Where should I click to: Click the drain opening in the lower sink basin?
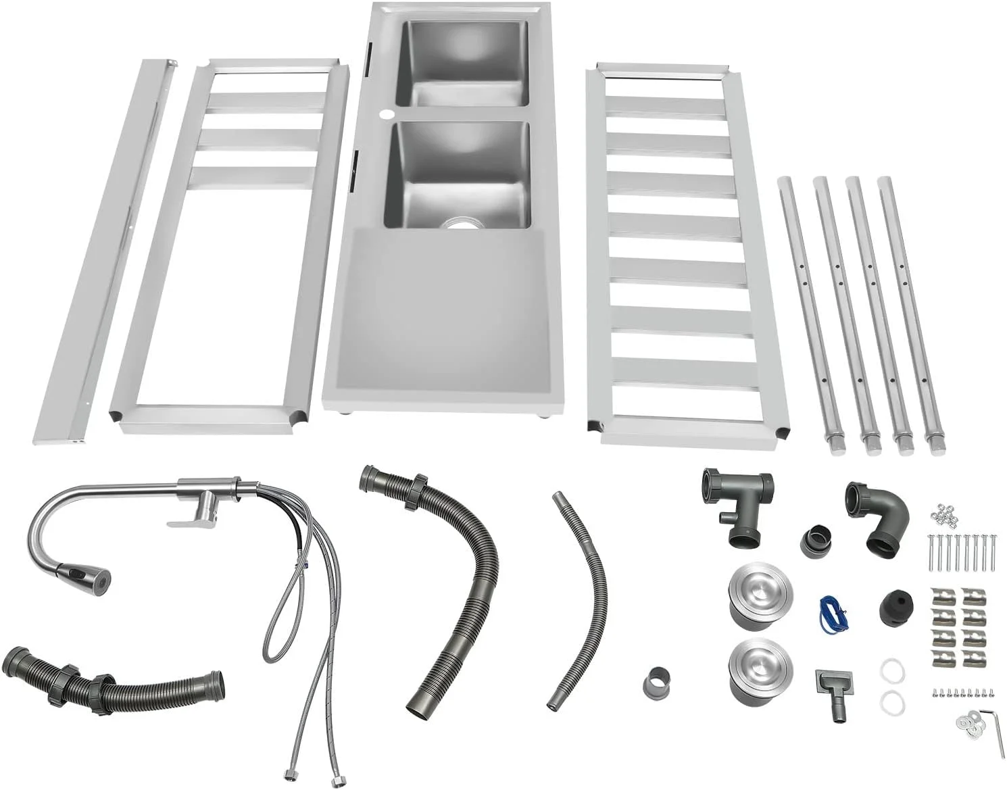coord(462,223)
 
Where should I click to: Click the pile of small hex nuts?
coord(944,515)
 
